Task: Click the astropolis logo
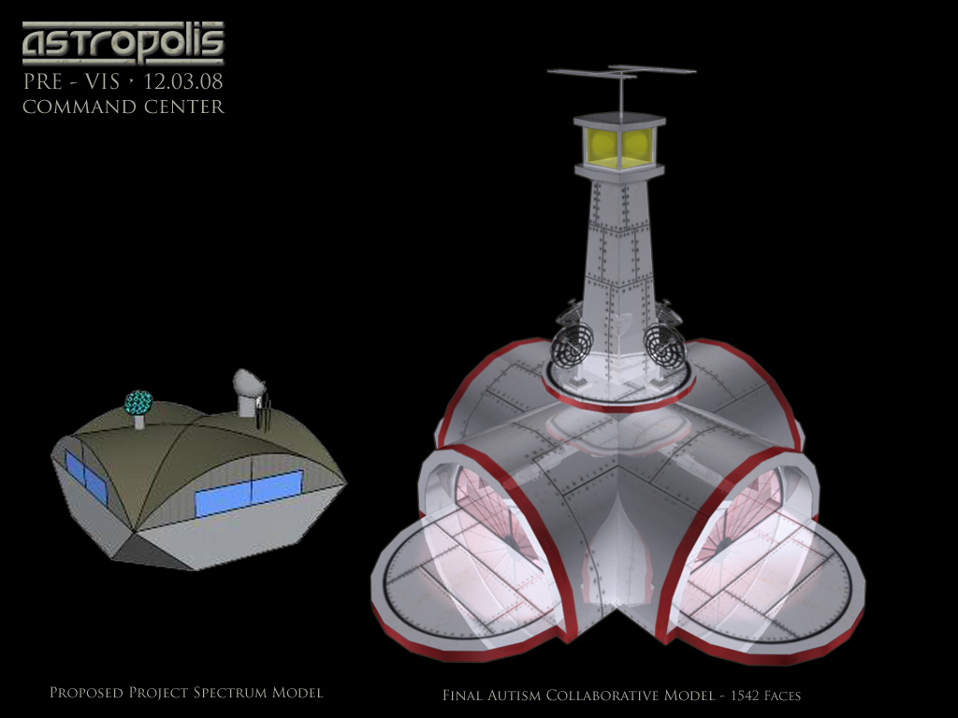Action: click(123, 43)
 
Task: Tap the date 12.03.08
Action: click(182, 82)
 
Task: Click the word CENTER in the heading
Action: click(184, 107)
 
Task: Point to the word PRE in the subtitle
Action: click(43, 82)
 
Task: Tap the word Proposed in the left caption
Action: click(86, 693)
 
